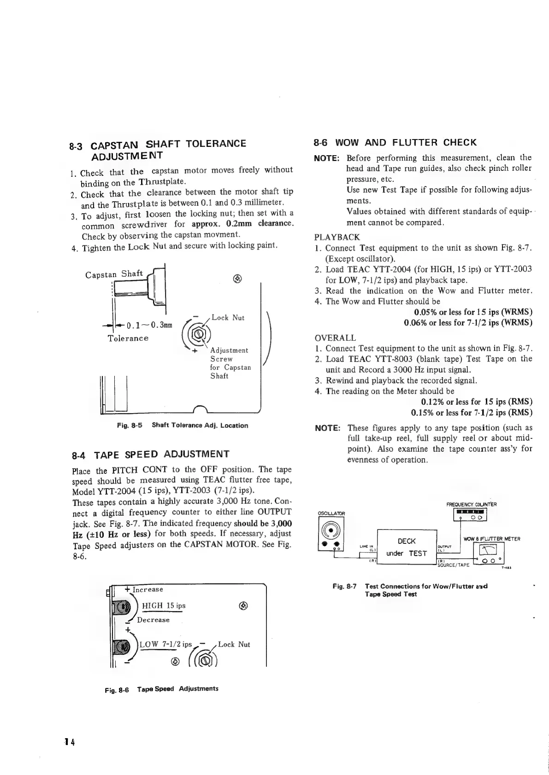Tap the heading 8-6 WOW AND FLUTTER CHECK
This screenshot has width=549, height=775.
(x=395, y=142)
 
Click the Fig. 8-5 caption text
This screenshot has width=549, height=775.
(x=183, y=425)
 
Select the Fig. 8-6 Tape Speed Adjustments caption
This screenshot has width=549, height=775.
(x=162, y=689)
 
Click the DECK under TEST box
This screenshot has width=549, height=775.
(x=406, y=547)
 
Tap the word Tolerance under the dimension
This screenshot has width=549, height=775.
(x=128, y=338)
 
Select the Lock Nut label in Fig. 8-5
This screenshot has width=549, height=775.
(x=228, y=318)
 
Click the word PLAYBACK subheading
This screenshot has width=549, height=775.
(x=337, y=237)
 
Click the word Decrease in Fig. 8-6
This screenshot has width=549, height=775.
(x=153, y=620)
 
